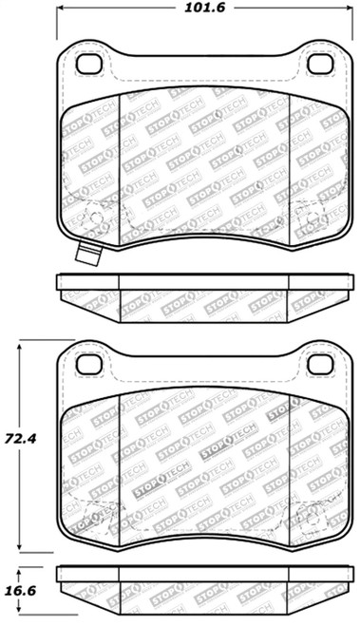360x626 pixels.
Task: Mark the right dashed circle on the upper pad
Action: [x=311, y=218]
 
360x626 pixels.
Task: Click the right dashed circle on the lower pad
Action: [x=311, y=518]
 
